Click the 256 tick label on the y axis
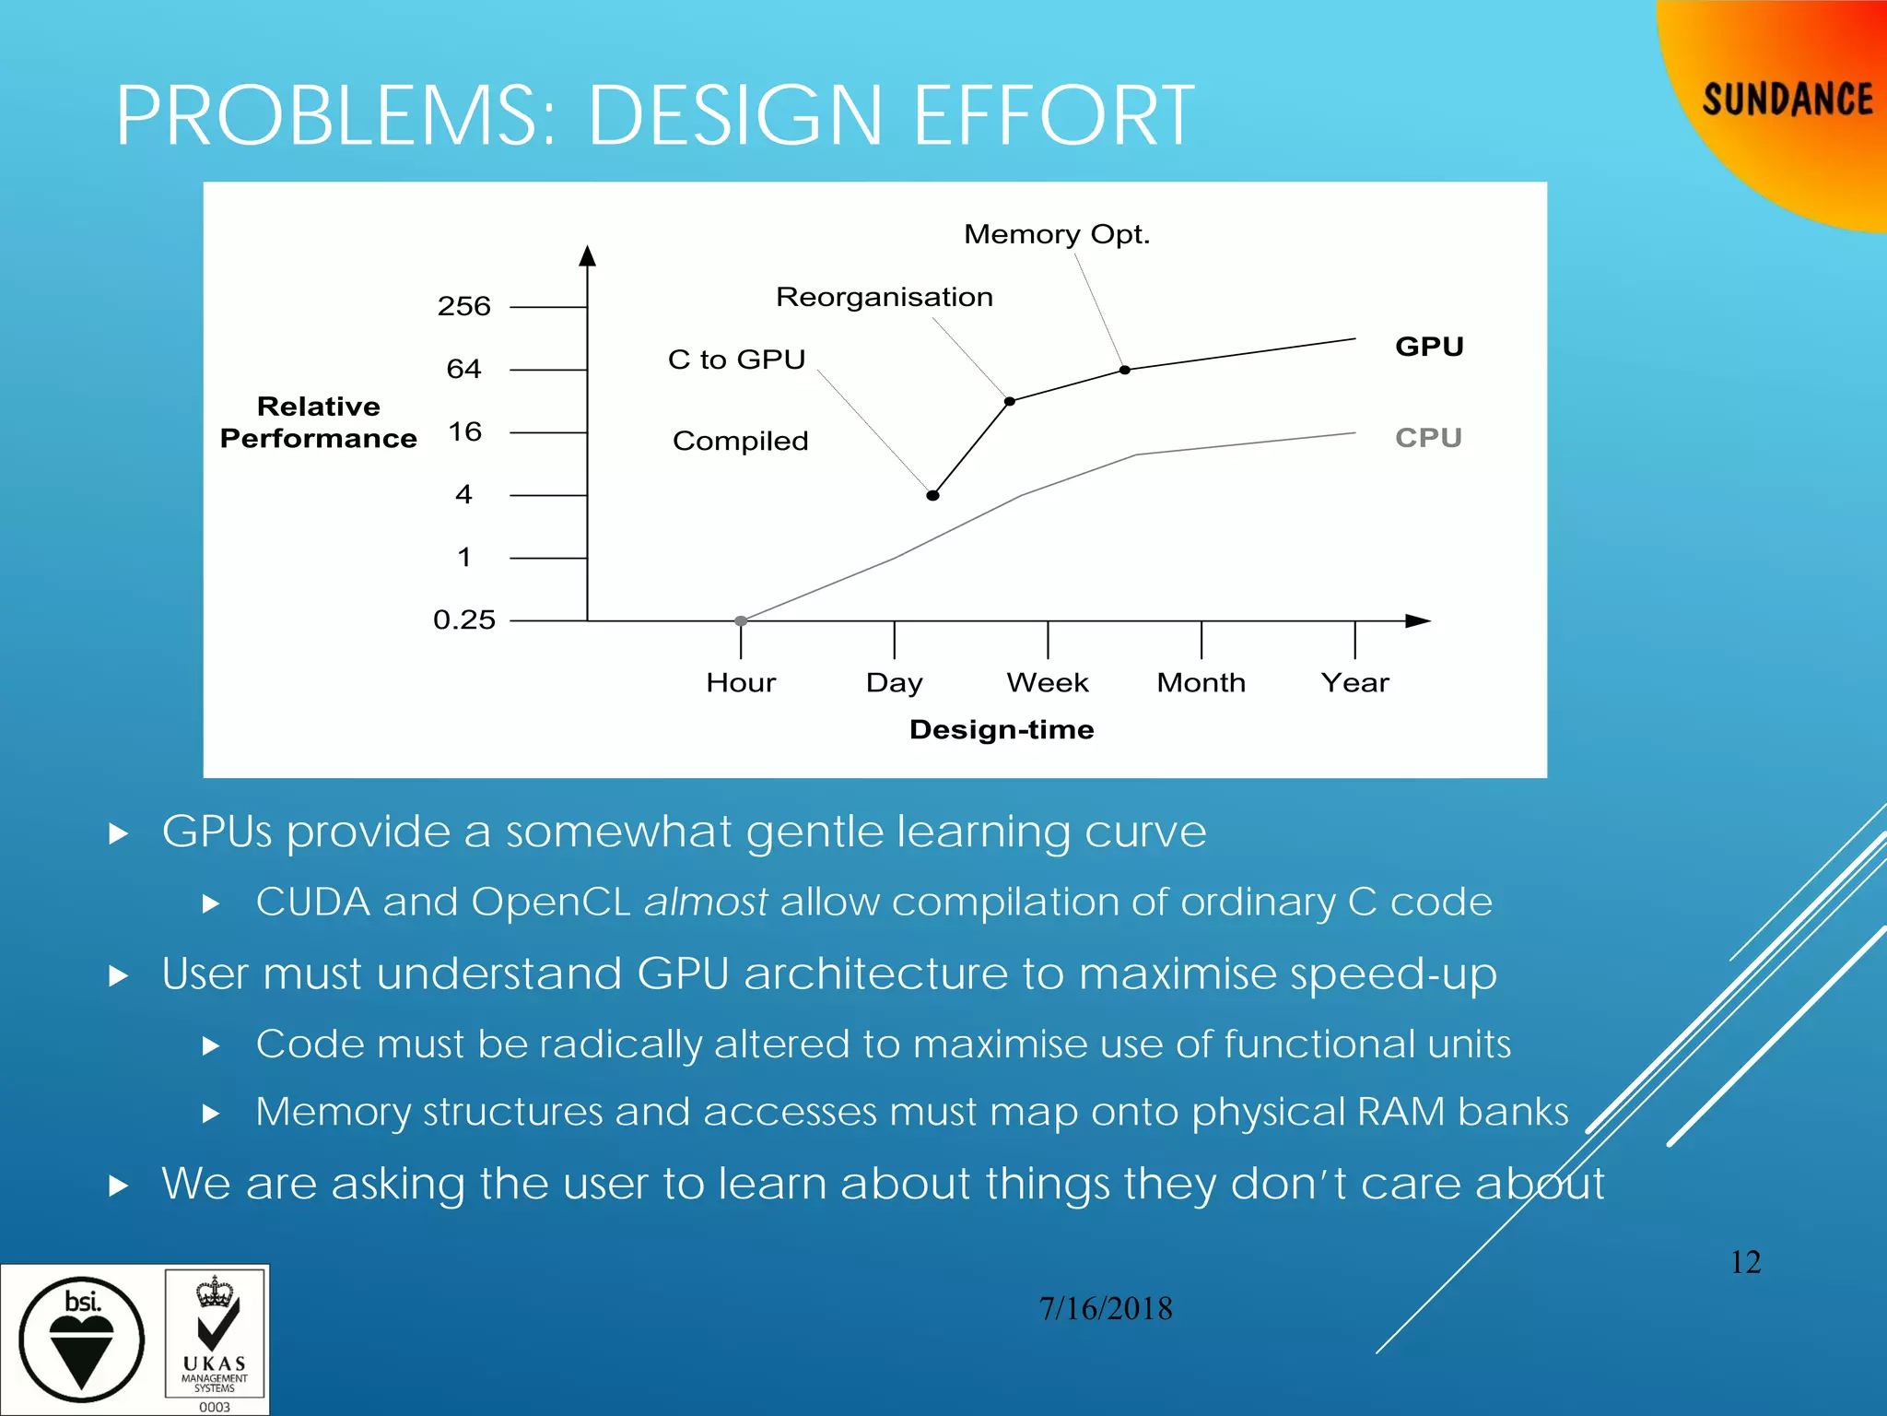(463, 306)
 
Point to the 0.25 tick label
(464, 619)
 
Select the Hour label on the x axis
(741, 683)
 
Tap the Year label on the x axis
(1354, 683)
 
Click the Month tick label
(1201, 683)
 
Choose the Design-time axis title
(1002, 730)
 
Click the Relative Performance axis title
(318, 422)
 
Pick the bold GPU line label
(1429, 347)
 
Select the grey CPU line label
(1428, 437)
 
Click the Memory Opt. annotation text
(1057, 234)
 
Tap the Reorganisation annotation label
(885, 297)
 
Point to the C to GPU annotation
(737, 360)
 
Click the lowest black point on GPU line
(932, 496)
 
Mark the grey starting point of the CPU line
(741, 621)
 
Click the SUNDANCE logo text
(1787, 100)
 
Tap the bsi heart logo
(82, 1339)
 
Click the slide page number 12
(1746, 1262)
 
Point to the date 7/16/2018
(1106, 1309)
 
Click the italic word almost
(706, 902)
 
